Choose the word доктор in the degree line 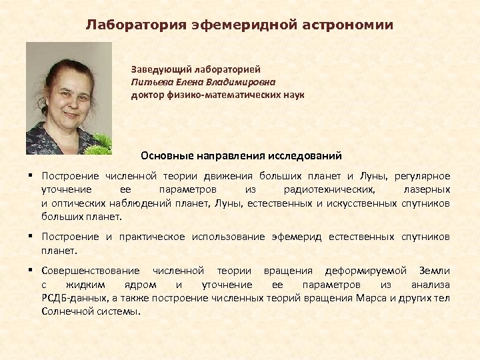tap(147, 95)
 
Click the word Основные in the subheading tap(164, 156)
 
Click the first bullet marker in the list tap(31, 176)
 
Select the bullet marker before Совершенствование tap(31, 271)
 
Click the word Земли tap(434, 271)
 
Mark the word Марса tap(372, 297)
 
